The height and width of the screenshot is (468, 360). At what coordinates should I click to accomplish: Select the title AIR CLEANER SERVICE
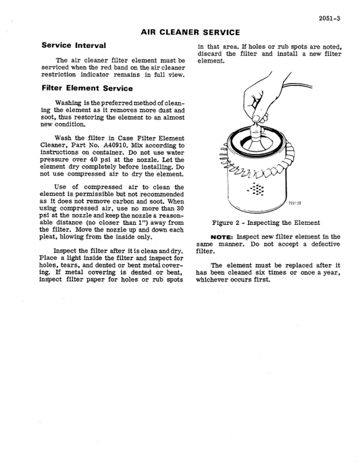pyautogui.click(x=190, y=32)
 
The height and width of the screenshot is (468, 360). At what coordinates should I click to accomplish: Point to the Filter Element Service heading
pyautogui.click(x=86, y=88)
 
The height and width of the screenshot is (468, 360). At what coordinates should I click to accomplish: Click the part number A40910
pyautogui.click(x=120, y=145)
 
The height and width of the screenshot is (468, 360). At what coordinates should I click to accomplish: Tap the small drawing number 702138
pyautogui.click(x=294, y=202)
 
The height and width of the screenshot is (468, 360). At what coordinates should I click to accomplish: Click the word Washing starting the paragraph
pyautogui.click(x=68, y=103)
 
